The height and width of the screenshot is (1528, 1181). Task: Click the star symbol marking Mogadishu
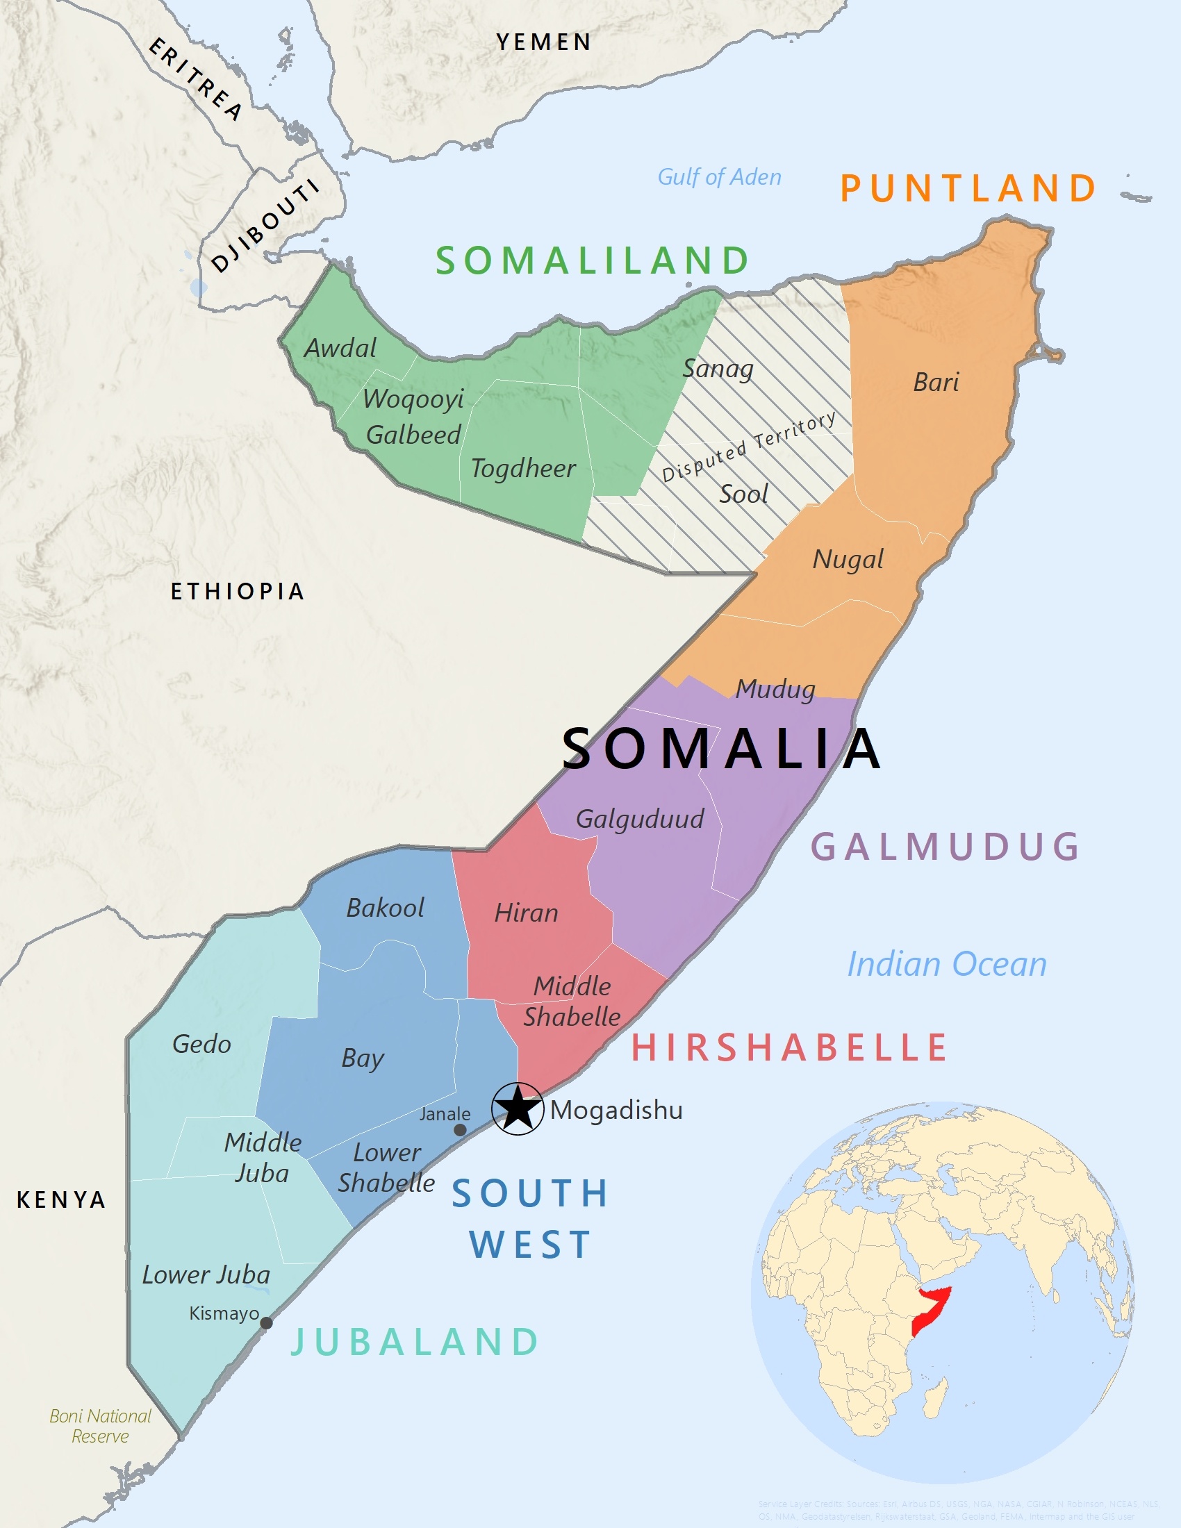pos(517,1109)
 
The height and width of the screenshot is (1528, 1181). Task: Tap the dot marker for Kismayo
pos(266,1322)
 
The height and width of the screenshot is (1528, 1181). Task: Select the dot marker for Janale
pos(460,1130)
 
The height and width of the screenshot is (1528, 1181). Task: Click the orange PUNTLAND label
pos(968,188)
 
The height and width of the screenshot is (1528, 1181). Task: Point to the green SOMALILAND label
pos(593,260)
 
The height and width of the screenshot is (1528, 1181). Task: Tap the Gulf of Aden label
pos(719,177)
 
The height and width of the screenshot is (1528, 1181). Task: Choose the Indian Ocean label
pos(947,964)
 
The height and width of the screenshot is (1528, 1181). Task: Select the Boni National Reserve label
pos(100,1426)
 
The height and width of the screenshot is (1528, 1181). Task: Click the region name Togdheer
pos(522,468)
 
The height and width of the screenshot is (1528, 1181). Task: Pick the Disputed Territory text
pos(749,446)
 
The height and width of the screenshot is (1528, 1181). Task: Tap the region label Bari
pos(936,382)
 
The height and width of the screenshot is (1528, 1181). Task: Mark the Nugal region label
pos(848,559)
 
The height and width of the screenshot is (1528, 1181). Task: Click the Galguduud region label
pos(639,819)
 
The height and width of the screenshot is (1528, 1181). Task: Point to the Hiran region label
pos(526,913)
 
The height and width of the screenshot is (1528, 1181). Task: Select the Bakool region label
pos(385,908)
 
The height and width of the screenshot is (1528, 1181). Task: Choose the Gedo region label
pos(201,1044)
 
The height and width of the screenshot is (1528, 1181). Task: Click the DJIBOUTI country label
pos(265,225)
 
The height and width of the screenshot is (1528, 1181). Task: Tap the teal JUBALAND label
pos(414,1342)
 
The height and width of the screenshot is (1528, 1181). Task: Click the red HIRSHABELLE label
pos(788,1047)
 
